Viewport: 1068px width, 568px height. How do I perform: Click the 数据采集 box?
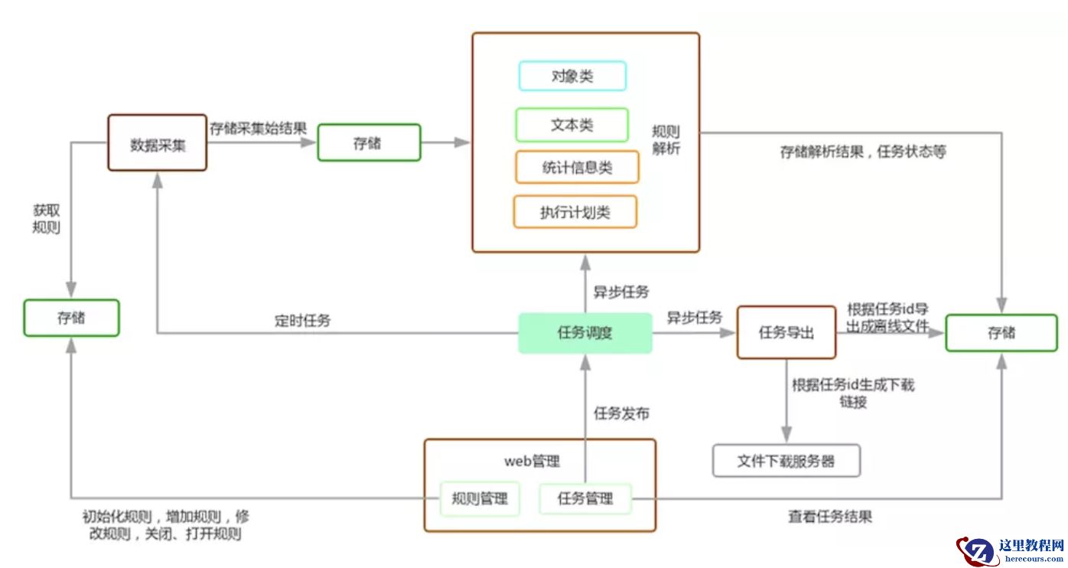tap(157, 143)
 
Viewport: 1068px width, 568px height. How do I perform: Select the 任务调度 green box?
tap(585, 333)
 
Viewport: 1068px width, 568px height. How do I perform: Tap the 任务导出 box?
tap(786, 332)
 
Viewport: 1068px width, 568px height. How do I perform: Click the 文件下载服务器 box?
tap(786, 461)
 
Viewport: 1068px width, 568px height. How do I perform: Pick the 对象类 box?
tap(572, 76)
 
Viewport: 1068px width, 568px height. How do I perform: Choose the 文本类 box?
tap(572, 125)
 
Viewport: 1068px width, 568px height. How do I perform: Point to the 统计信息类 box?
tap(577, 168)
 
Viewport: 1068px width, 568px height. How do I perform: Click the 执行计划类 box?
tap(575, 212)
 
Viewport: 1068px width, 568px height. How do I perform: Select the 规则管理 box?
tap(480, 499)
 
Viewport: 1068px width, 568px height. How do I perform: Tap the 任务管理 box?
tap(585, 499)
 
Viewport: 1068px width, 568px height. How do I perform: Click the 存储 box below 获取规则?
tap(71, 318)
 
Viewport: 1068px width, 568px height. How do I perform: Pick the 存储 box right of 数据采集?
tap(369, 142)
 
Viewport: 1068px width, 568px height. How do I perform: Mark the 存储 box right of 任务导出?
tap(1001, 332)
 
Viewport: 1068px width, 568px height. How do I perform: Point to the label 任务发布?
tap(621, 413)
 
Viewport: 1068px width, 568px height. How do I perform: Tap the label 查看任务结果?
tap(830, 517)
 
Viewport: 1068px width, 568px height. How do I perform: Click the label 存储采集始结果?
tap(258, 128)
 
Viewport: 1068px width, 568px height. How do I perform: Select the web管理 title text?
tap(532, 461)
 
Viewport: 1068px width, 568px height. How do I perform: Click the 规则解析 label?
tap(666, 139)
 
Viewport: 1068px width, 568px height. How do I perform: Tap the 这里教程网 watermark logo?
tap(1010, 550)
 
